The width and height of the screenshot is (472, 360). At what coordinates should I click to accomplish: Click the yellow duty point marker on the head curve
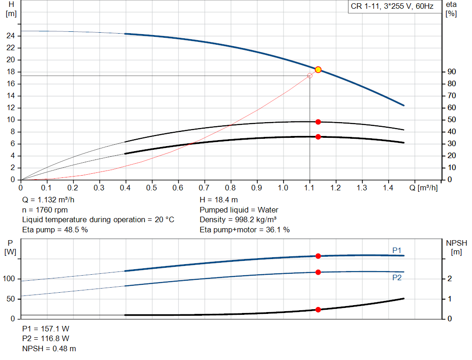pos(318,70)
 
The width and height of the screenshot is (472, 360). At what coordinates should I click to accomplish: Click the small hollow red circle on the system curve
pos(309,76)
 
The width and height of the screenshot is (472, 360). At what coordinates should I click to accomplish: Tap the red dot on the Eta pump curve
pos(318,122)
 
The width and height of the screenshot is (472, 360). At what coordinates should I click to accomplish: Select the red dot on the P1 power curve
pos(318,256)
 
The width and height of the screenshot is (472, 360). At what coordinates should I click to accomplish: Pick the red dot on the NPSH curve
pos(318,310)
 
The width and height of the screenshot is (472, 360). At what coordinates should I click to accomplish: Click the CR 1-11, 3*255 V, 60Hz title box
pos(392,7)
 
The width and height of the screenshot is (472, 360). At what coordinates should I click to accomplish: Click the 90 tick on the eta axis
pos(451,72)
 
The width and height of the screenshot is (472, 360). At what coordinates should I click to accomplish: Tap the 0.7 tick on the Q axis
pos(204,188)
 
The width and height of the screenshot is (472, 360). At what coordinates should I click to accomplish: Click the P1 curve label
pos(397,250)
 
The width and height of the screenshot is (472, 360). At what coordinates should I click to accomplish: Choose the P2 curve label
pos(397,277)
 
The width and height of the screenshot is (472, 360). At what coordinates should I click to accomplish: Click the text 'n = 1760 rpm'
pos(45,210)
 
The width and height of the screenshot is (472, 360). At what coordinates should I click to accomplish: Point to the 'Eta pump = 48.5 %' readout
pos(55,230)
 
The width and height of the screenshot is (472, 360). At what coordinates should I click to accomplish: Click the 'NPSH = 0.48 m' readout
pos(49,349)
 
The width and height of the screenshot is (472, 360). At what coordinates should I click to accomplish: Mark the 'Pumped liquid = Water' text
pos(239,210)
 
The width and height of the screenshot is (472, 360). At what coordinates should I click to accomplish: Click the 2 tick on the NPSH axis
pos(449,279)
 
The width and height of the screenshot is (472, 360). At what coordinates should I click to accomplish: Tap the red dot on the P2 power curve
pos(318,272)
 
